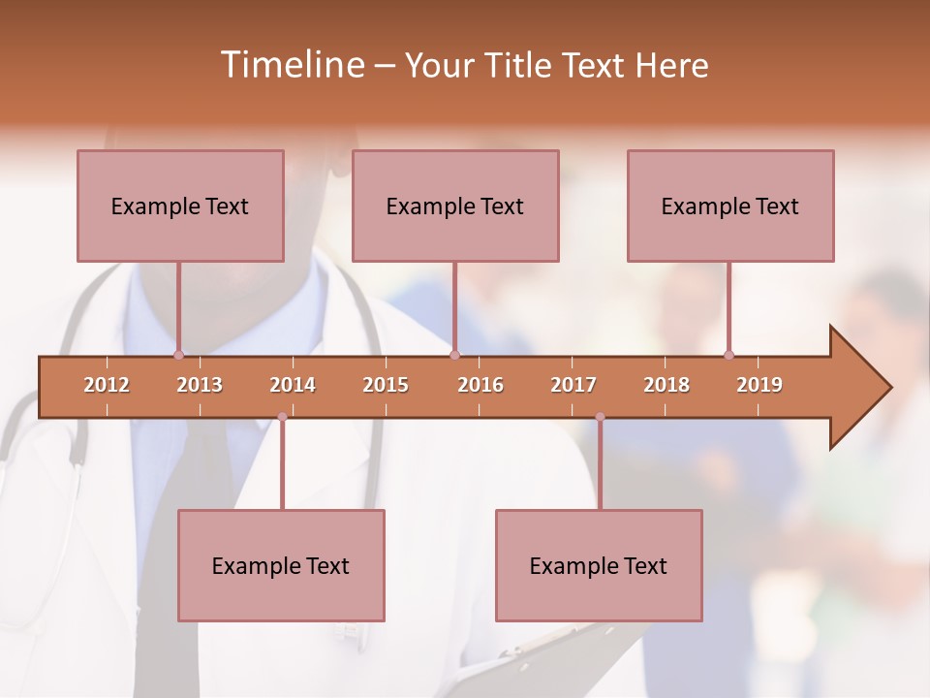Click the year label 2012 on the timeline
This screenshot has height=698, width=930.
click(107, 385)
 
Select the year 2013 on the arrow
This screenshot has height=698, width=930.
click(200, 385)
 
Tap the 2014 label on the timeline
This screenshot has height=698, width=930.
click(293, 385)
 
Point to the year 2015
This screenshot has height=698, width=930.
click(386, 385)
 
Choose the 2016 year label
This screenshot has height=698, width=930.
click(480, 385)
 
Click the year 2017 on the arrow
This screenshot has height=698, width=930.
click(573, 385)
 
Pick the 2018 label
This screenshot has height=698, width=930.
click(666, 385)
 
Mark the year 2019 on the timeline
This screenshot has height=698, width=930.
click(759, 385)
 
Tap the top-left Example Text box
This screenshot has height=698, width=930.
click(180, 206)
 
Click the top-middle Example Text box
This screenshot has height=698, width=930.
click(455, 206)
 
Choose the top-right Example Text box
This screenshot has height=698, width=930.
click(730, 206)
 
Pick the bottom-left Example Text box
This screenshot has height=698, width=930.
click(281, 565)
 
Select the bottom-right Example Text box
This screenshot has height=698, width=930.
click(599, 565)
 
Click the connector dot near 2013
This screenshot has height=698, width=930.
click(178, 355)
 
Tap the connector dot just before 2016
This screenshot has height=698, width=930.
click(455, 355)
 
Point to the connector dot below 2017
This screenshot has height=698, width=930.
click(600, 417)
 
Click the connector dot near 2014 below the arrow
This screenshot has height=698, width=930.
click(282, 417)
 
